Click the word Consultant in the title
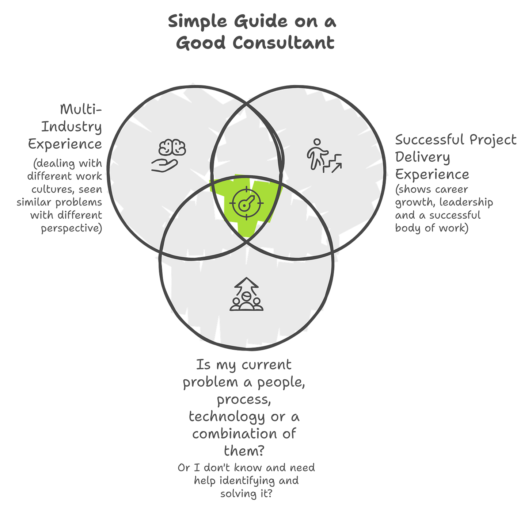tap(284, 43)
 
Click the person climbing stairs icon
tap(324, 155)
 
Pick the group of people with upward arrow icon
tap(246, 295)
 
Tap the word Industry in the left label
tap(72, 127)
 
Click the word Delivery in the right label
tap(422, 157)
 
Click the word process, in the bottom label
tap(244, 400)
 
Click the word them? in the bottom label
tap(243, 451)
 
